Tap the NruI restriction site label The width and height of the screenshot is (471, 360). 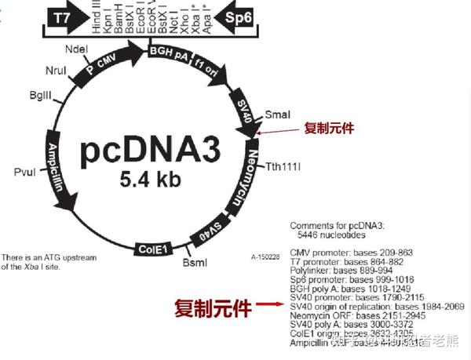(x=56, y=71)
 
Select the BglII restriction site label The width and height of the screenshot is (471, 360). (x=39, y=95)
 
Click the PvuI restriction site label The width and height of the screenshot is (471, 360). (x=25, y=171)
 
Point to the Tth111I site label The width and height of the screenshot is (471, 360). (x=283, y=166)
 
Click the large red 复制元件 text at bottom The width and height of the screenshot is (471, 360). (x=213, y=308)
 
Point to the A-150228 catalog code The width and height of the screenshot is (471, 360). (x=265, y=256)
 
